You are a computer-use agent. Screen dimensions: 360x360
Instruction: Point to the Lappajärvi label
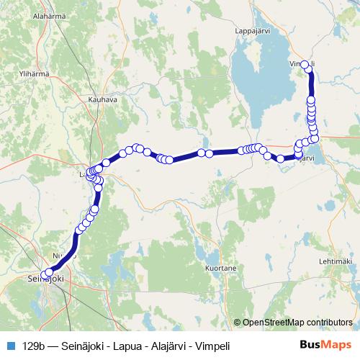[253, 31]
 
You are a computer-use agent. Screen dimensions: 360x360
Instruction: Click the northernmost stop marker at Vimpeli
[305, 65]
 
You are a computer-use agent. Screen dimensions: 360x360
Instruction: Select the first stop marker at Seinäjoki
[45, 274]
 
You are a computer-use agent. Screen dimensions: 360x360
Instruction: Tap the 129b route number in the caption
[33, 344]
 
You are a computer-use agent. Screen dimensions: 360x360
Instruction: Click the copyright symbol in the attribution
[238, 323]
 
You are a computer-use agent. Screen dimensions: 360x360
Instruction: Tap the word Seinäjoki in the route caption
[86, 344]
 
